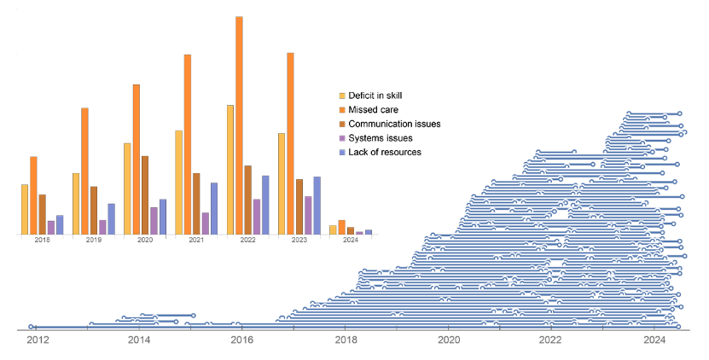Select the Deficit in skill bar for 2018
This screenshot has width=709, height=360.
click(25, 209)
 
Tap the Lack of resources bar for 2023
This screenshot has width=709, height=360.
click(317, 206)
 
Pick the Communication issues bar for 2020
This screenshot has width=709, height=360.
click(145, 195)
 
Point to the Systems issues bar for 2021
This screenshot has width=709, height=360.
click(205, 224)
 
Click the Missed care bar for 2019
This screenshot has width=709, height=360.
click(85, 171)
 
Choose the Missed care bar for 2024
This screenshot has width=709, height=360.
click(341, 227)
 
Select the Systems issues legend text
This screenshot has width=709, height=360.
click(381, 138)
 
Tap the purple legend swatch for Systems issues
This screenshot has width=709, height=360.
click(342, 138)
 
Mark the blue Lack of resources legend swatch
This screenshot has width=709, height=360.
click(342, 152)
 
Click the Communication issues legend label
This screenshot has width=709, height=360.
click(394, 124)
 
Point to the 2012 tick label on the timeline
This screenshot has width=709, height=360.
click(37, 340)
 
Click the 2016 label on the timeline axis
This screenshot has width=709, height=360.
click(242, 340)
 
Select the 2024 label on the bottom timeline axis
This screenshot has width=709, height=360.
click(654, 340)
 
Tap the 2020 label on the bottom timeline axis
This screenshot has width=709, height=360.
click(448, 340)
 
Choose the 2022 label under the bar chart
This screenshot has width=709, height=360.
click(247, 241)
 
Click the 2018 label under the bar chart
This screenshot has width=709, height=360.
click(42, 241)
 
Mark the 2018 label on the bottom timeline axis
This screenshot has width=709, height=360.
click(346, 340)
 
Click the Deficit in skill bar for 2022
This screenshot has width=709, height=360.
click(230, 170)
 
